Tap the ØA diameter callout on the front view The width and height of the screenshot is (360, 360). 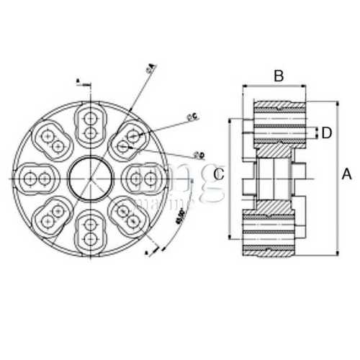coord(150,68)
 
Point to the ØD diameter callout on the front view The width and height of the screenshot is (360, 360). coord(199,155)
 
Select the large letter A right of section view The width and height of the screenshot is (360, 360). coord(346,174)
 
